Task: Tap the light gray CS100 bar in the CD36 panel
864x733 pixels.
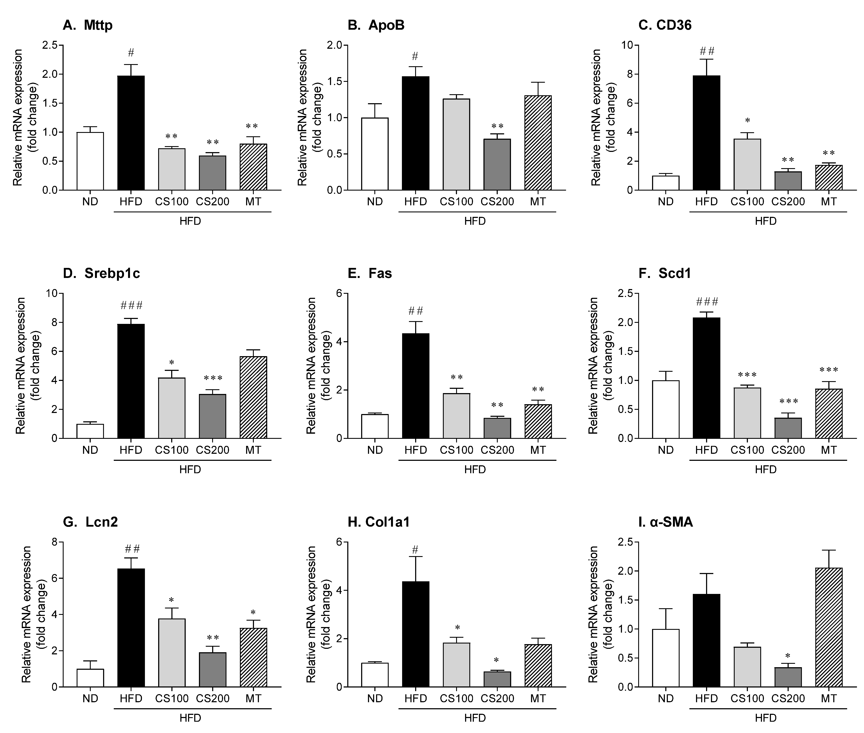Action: click(x=747, y=165)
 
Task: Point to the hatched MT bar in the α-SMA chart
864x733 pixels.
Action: click(x=829, y=627)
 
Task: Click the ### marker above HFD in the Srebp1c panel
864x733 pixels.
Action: click(x=131, y=306)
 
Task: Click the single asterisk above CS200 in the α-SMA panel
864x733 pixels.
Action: click(x=788, y=657)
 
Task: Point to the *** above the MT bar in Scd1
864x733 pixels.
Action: click(x=829, y=370)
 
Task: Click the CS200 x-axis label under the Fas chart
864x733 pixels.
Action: click(x=497, y=450)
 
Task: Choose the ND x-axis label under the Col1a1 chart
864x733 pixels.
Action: click(x=375, y=699)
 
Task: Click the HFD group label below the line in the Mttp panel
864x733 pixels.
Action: click(x=190, y=221)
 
